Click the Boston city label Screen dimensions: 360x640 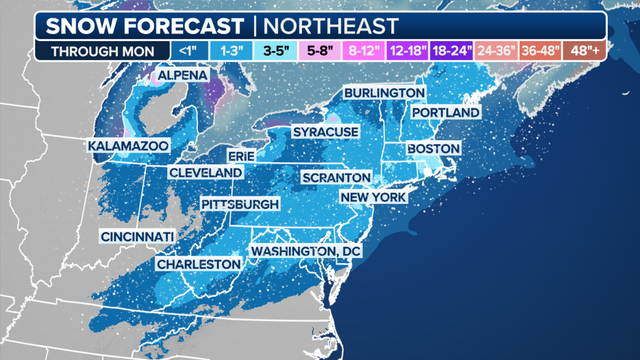432,149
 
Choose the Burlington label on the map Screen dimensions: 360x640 384,93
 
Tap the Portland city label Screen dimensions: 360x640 445,113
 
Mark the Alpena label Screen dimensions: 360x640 181,76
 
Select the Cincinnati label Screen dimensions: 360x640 137,236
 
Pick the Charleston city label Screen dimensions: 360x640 198,264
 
